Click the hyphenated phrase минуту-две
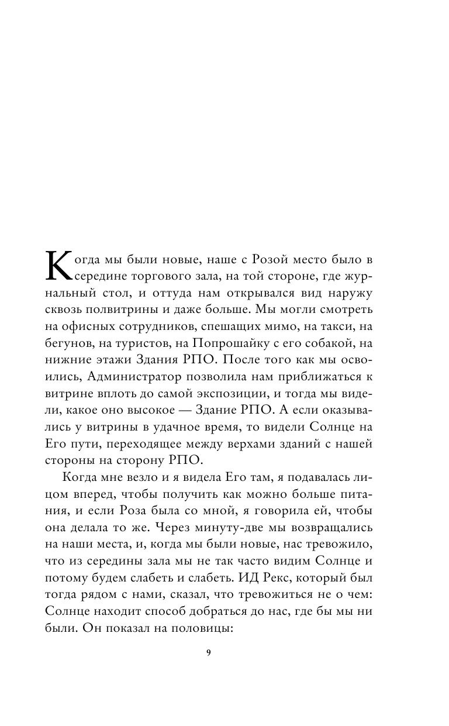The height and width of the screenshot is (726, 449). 241,528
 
